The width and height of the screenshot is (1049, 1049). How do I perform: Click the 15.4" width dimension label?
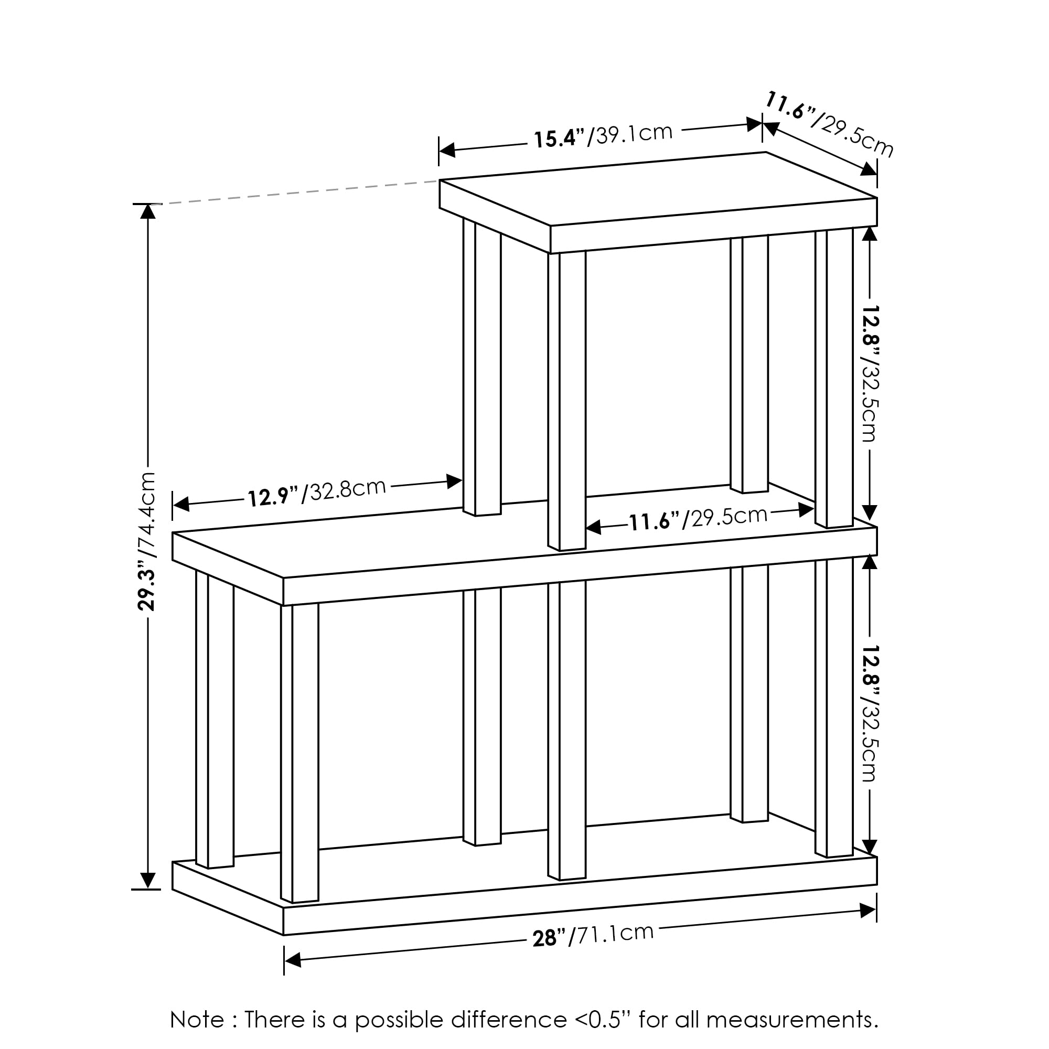tap(603, 136)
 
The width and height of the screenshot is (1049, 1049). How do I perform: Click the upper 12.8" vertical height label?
tap(869, 373)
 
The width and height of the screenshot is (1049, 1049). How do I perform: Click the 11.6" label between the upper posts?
tap(698, 519)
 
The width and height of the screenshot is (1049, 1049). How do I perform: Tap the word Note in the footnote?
tap(197, 1020)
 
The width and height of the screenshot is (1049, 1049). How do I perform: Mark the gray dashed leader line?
tap(298, 192)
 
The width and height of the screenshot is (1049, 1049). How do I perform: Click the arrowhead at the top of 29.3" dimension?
tap(148, 212)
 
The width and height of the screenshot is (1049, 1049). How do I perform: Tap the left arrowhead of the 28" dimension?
tap(293, 960)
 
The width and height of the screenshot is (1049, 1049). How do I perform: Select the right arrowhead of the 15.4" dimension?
tap(754, 124)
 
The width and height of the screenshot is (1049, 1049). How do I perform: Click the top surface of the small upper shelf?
tap(657, 187)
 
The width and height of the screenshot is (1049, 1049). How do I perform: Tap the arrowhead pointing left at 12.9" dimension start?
tap(181, 505)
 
